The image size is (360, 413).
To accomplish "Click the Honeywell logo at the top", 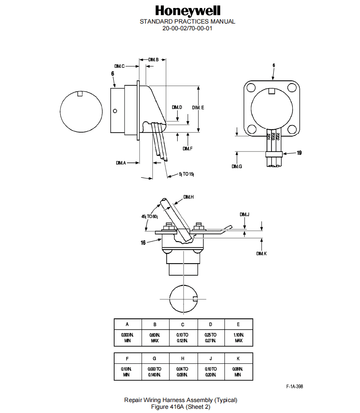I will click(187, 11).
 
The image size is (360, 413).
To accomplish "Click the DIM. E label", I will click(198, 108).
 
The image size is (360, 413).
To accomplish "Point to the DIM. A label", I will click(121, 163).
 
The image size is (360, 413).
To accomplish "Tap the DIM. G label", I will click(237, 167).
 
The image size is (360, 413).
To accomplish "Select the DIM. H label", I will click(189, 197).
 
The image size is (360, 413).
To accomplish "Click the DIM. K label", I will click(261, 253).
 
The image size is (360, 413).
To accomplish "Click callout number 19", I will click(299, 153).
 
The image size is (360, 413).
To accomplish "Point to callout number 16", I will click(143, 243).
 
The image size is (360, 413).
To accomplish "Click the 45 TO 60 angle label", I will click(149, 216).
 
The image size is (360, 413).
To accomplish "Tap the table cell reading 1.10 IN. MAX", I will click(238, 337).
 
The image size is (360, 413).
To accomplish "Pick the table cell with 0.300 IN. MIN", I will click(128, 337).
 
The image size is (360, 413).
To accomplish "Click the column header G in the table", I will click(155, 358).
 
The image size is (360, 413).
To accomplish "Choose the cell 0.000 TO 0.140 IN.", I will click(155, 371).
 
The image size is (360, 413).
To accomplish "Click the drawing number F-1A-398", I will click(294, 386).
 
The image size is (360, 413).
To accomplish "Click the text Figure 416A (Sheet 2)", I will click(181, 406).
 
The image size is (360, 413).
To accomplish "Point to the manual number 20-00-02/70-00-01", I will click(187, 28).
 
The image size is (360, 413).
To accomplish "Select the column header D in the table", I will click(211, 325).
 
